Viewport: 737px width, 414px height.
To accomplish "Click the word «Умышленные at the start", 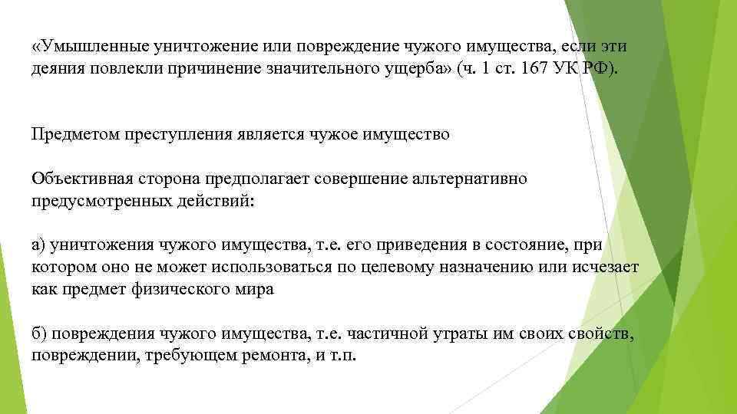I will point(81,48).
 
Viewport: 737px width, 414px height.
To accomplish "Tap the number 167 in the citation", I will point(530,70).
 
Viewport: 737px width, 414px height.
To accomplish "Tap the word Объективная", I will point(77,179).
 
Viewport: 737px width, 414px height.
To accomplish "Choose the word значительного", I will point(309,70).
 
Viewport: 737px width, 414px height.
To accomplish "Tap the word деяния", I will point(56,70).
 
